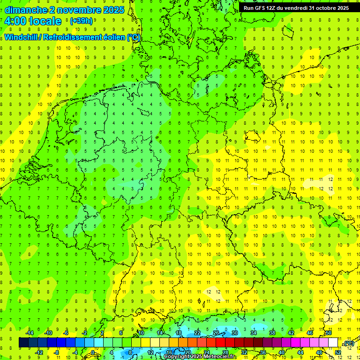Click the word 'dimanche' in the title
pos(26,10)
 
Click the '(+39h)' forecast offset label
pos(81,21)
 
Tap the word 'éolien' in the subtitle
pos(114,37)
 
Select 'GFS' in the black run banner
pos(262,8)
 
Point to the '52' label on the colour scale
pos(338,352)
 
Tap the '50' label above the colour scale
pos(329,333)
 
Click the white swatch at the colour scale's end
pos(333,343)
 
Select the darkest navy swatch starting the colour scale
pos(23,343)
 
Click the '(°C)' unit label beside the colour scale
pos(349,343)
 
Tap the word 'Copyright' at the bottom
pos(177,357)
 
